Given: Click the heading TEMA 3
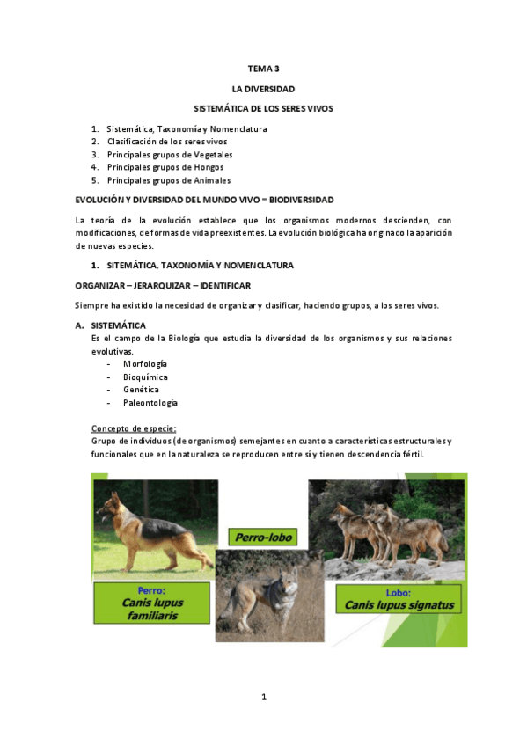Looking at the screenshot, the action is click(x=263, y=68).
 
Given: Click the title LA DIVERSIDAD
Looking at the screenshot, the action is click(x=263, y=89).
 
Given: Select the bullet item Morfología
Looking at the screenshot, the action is click(x=145, y=363).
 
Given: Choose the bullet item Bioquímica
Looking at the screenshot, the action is click(x=145, y=377).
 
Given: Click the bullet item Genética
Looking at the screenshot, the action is click(x=141, y=389).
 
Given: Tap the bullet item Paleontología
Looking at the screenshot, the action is click(x=150, y=402).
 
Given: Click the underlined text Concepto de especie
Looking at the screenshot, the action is click(x=134, y=428).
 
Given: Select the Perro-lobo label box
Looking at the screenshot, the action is click(x=261, y=537).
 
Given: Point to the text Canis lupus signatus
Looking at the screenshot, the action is click(x=399, y=605).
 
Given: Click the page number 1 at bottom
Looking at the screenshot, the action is click(x=263, y=698).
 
